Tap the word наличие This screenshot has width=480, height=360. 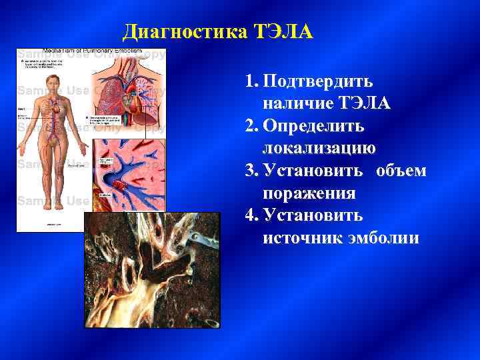[x=297, y=104]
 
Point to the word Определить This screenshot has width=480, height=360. [x=313, y=126]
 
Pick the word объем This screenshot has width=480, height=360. [x=401, y=171]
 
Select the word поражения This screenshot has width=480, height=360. [x=309, y=193]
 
